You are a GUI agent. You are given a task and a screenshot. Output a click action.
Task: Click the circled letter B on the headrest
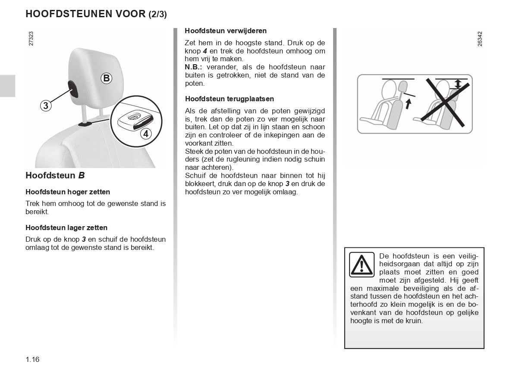tap(106, 78)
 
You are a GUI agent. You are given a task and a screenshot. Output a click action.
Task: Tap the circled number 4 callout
tap(146, 134)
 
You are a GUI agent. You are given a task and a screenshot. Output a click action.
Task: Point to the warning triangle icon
tap(362, 264)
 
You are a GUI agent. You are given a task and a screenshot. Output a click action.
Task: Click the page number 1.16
tap(32, 359)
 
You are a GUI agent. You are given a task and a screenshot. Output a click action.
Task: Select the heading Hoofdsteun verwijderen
tap(226, 31)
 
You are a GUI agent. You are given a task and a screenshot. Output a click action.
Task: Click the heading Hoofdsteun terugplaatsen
tap(229, 99)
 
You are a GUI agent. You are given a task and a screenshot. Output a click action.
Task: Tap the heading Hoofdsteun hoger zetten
tap(68, 192)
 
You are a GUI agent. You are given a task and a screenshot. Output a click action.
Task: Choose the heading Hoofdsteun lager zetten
tap(66, 227)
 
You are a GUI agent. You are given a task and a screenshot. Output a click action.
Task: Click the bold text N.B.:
tap(194, 67)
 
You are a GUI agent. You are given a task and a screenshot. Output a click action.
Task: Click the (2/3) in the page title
tap(157, 14)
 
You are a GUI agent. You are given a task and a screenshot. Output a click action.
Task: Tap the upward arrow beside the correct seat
tap(408, 103)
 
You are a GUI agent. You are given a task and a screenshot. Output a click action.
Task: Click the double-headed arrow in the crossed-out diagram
tap(458, 84)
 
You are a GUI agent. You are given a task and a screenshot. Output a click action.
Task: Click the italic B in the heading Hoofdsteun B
tap(81, 175)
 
